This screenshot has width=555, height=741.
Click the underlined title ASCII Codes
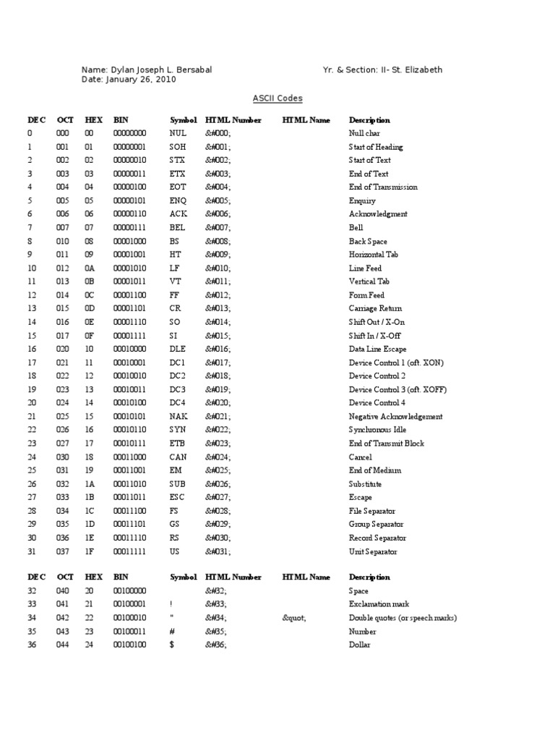click(277, 98)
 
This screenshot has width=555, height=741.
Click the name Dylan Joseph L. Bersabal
click(160, 70)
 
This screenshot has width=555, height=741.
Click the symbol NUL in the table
click(178, 134)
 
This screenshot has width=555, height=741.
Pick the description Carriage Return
click(376, 309)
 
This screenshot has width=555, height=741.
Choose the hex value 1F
click(89, 551)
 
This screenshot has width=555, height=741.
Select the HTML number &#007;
click(218, 228)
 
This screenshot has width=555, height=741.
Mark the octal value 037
click(64, 551)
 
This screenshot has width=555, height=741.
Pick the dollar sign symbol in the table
click(172, 645)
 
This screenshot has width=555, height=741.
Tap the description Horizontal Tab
click(374, 255)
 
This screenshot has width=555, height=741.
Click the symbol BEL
click(178, 228)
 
